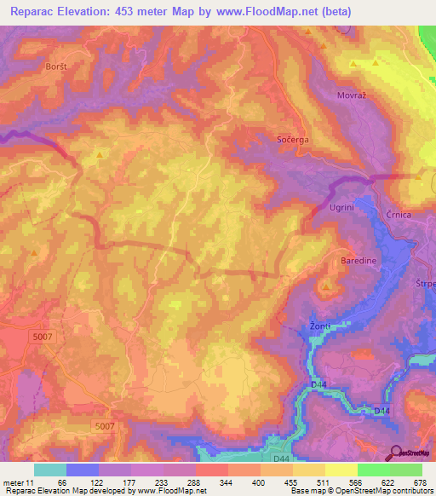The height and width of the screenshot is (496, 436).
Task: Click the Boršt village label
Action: (54, 65)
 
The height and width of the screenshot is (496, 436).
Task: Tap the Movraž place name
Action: (352, 96)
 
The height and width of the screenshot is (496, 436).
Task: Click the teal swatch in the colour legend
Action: (50, 470)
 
